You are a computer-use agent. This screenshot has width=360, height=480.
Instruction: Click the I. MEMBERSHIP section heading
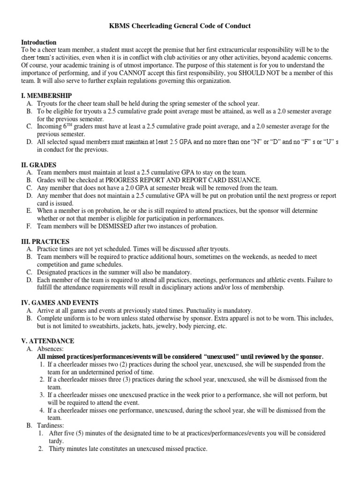coord(46,96)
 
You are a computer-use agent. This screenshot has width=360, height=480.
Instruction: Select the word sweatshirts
coord(100,326)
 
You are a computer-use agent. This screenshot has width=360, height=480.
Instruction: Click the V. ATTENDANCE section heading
coord(48,341)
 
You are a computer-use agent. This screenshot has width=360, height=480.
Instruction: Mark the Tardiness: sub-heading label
coord(52,426)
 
